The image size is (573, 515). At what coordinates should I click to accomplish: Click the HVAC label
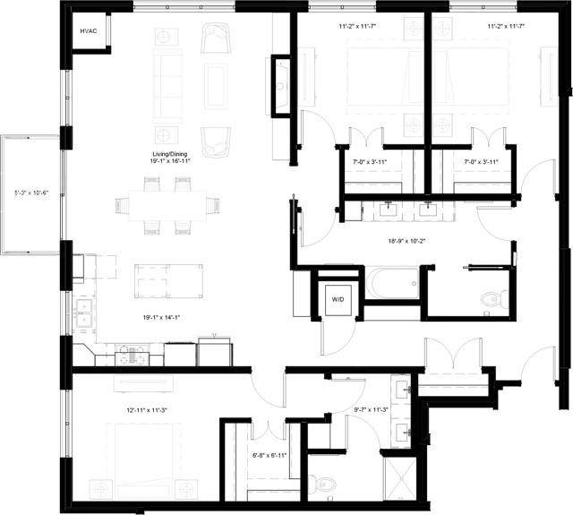pyautogui.click(x=88, y=31)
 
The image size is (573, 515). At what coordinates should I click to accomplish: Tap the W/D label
pyautogui.click(x=338, y=298)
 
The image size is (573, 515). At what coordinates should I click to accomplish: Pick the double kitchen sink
pyautogui.click(x=88, y=313)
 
